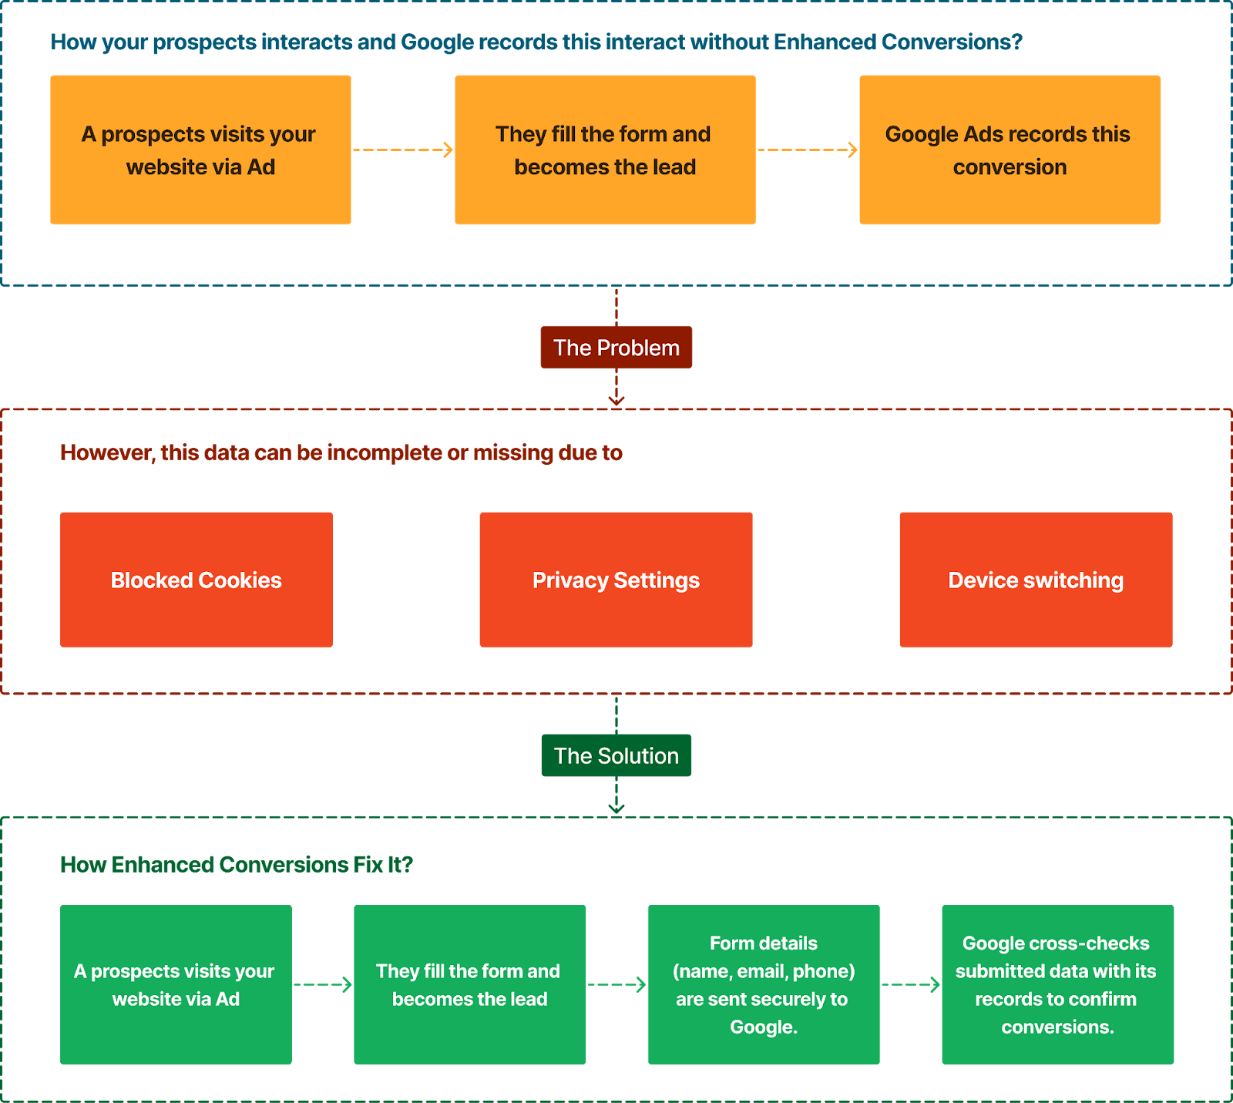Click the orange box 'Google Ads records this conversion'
pos(1010,150)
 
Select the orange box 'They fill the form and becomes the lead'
pos(605,150)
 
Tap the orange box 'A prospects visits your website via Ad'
pos(200,150)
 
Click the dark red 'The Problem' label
pos(616,348)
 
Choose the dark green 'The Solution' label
pos(616,755)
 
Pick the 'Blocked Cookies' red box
pos(197,580)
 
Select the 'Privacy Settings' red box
pos(616,580)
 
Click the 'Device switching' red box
pos(1036,580)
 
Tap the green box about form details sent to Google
pos(764,984)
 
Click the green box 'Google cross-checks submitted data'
pos(1057,984)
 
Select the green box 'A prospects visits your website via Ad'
pos(176,984)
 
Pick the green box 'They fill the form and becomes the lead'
pos(469,984)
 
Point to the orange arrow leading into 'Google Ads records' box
pos(808,150)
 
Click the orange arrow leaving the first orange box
pos(403,150)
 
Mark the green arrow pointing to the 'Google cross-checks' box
pos(911,984)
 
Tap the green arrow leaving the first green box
pos(323,984)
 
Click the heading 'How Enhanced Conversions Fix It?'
pos(237,865)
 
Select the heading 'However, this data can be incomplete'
pos(341,452)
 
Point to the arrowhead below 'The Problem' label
pos(616,401)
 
